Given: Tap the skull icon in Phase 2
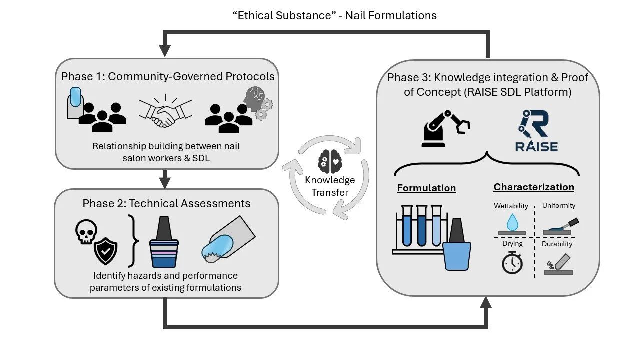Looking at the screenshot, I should (x=86, y=233).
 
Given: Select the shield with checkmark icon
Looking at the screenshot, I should (x=106, y=251).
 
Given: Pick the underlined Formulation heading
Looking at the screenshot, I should (x=426, y=188).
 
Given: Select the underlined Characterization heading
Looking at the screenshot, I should (x=534, y=187).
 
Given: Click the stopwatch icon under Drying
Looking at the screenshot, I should (x=512, y=263).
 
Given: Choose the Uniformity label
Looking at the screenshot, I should (x=559, y=205).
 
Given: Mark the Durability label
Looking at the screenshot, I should (x=557, y=244).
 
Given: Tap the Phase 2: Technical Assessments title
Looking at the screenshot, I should (x=166, y=203).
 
